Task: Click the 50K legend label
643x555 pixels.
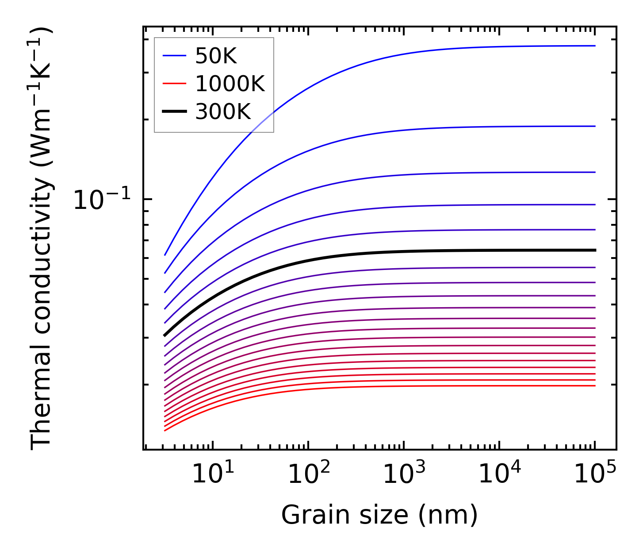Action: tap(216, 56)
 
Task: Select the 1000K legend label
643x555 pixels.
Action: tap(230, 84)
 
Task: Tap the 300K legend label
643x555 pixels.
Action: tap(223, 112)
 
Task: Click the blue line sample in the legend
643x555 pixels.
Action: tap(174, 56)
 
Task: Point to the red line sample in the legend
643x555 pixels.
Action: tap(174, 84)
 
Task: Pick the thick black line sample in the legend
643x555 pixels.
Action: tap(174, 112)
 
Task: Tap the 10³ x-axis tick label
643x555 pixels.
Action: tap(404, 474)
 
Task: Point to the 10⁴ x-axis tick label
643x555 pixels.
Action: tap(499, 474)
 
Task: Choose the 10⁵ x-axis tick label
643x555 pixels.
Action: tap(595, 474)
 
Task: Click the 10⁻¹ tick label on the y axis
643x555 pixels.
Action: tap(102, 200)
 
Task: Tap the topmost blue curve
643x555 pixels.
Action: tap(398, 55)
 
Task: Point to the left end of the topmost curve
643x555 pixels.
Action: tap(165, 255)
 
